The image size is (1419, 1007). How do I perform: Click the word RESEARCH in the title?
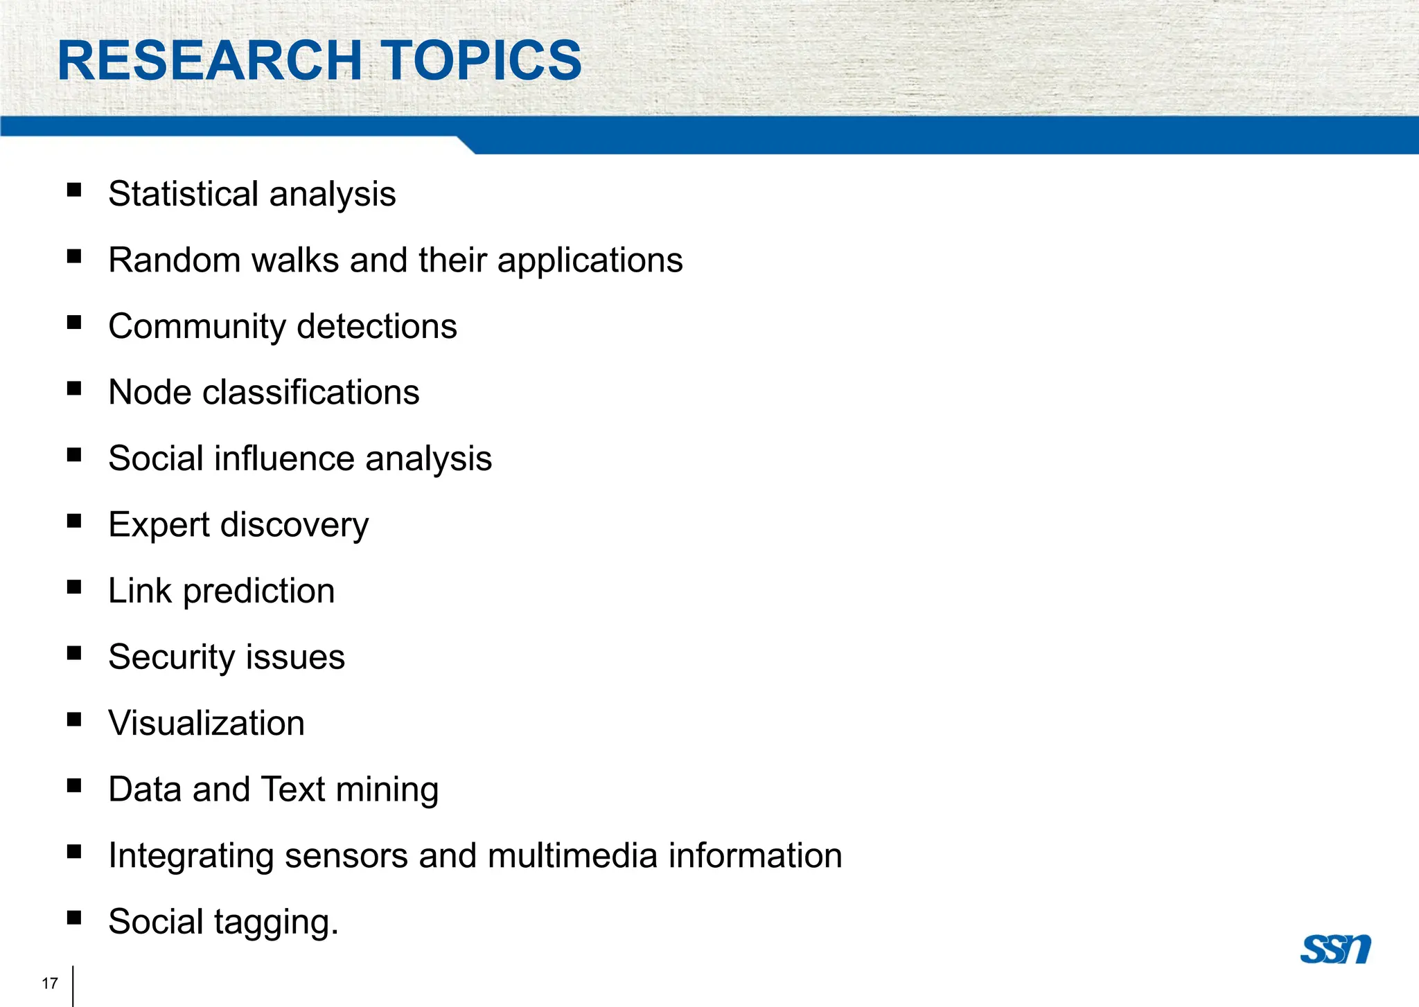(209, 61)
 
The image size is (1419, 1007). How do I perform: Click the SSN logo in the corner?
(1335, 949)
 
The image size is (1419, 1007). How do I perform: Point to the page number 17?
(50, 983)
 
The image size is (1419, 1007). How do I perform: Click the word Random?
(175, 260)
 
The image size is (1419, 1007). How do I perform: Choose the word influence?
(283, 458)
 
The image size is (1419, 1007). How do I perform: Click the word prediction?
(258, 591)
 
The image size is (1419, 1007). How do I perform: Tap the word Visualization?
(206, 723)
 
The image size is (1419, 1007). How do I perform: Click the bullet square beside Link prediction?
(74, 587)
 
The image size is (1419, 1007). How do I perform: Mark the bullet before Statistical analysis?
(74, 190)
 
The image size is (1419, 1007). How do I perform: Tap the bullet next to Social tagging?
(74, 918)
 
